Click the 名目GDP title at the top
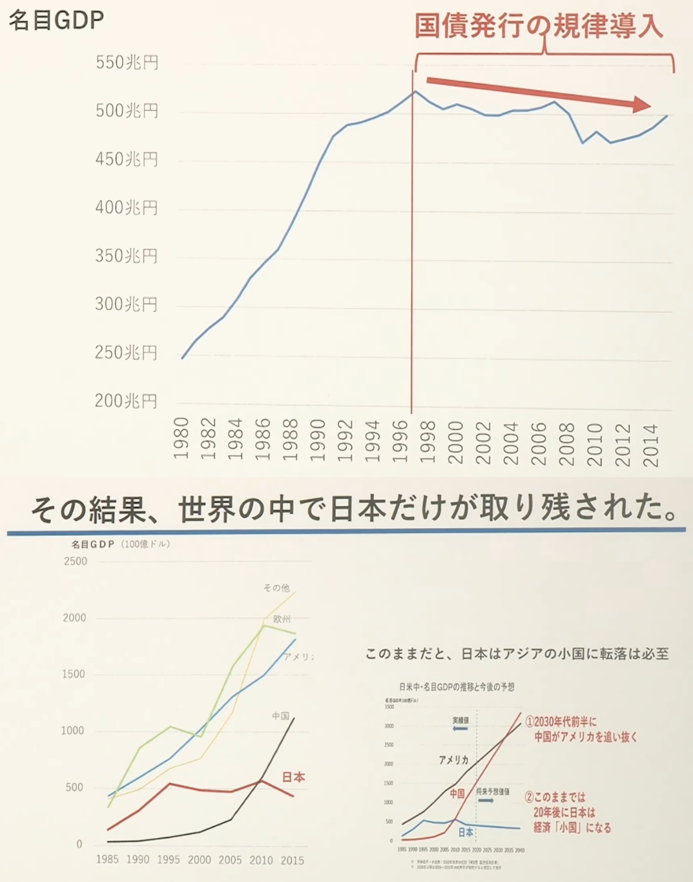56,20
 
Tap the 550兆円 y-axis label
127,63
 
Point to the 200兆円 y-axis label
126,401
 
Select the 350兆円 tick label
126,256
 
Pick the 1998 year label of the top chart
428,442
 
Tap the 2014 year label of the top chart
650,445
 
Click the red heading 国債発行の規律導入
538,26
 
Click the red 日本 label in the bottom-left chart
293,777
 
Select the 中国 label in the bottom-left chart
280,716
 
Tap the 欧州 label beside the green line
282,619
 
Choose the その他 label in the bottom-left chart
276,588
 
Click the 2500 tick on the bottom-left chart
76,561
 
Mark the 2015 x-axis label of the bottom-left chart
292,860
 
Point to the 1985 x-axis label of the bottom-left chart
107,859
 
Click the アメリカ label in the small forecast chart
453,760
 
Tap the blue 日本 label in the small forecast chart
466,832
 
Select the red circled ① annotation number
529,722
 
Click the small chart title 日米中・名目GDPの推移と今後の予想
457,687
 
